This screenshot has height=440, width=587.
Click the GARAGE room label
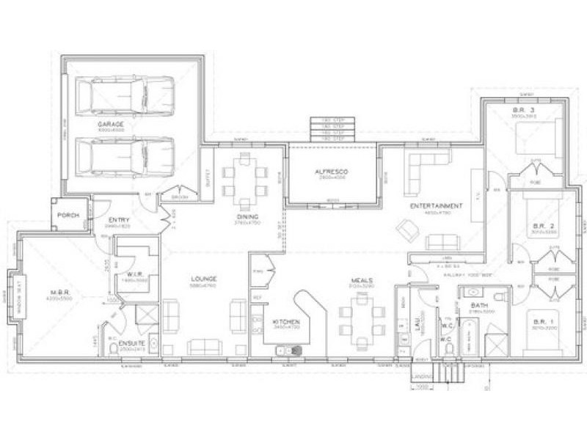click(x=111, y=125)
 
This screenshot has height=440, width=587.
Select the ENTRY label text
click(x=119, y=220)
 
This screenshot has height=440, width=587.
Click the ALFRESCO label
click(x=332, y=172)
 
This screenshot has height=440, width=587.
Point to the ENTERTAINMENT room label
click(x=436, y=206)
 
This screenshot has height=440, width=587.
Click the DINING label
click(x=244, y=217)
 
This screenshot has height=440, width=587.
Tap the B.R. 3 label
click(x=524, y=111)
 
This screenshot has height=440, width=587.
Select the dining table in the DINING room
click(x=244, y=180)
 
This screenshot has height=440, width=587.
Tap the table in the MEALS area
click(x=362, y=319)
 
